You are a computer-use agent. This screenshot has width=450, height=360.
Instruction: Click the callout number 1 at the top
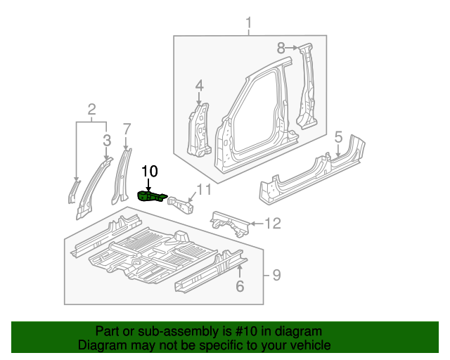pos(248,25)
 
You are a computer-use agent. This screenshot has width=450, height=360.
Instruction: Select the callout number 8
pos(281,49)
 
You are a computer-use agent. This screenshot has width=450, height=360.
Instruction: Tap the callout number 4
pos(199,85)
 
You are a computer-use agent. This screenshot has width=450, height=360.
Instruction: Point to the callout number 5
pos(338,136)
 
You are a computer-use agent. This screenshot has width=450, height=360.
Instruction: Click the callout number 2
pos(91,108)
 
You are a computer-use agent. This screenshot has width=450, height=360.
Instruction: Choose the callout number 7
pos(127,129)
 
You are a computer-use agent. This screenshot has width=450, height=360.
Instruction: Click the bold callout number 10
pos(150,171)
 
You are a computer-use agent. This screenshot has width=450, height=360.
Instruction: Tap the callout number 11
pos(203,188)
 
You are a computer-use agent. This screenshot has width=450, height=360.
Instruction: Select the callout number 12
pos(273,224)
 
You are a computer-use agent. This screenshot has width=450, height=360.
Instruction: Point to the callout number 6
pos(239,285)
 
